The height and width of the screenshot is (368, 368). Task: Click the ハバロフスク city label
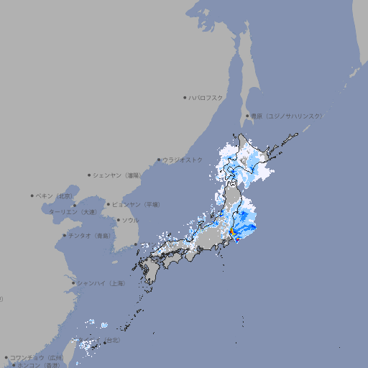point(206,97)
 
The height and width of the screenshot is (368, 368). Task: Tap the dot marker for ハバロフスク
point(185,97)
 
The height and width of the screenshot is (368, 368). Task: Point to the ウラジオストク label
point(183,160)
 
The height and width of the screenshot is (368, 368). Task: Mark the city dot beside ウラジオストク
point(159,160)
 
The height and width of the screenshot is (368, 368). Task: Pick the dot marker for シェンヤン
point(90,175)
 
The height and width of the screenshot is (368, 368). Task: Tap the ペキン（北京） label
point(55,195)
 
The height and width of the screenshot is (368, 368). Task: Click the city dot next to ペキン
point(32,195)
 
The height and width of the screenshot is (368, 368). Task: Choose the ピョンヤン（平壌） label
point(136,204)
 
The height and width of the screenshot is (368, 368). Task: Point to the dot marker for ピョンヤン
point(109,204)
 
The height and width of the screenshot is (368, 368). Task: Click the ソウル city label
point(130,220)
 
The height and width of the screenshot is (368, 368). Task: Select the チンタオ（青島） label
point(89,236)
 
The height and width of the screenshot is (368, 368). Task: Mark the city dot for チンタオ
point(64,236)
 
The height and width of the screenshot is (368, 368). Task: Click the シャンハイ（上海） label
point(101,283)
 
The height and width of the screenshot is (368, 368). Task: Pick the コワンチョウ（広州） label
point(37,357)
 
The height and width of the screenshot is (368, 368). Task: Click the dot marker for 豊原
point(247,116)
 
